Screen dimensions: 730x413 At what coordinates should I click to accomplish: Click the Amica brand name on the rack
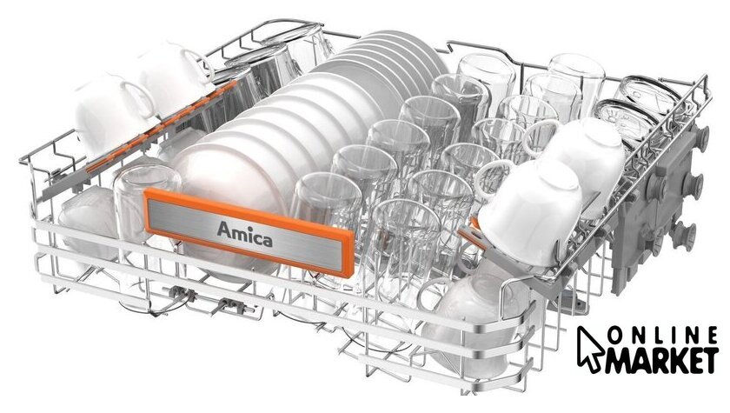click(x=244, y=234)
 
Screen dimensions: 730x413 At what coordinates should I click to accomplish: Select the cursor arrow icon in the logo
click(x=590, y=349)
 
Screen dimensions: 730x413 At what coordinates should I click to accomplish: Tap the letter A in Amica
click(x=224, y=230)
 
